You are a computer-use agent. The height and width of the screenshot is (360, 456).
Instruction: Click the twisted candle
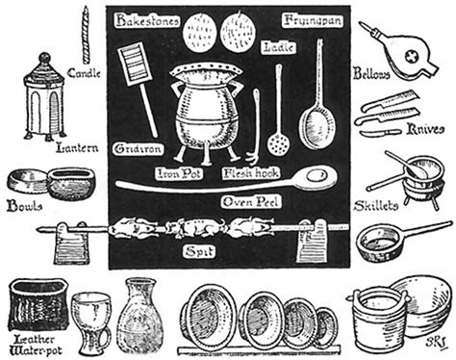[86, 35]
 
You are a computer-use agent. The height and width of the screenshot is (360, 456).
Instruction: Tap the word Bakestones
[147, 21]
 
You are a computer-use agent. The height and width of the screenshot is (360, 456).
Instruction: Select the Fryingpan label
[313, 20]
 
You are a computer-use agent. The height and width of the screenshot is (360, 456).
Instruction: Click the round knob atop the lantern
[45, 58]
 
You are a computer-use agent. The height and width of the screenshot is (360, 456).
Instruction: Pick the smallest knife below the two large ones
[380, 132]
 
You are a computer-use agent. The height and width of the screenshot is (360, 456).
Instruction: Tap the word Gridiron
[139, 149]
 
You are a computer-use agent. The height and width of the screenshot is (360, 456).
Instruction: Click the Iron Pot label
[179, 173]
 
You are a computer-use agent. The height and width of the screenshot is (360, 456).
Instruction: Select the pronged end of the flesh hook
[254, 158]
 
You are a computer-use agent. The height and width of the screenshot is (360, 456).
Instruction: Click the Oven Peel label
[250, 202]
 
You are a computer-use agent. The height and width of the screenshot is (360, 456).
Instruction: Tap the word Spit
[199, 251]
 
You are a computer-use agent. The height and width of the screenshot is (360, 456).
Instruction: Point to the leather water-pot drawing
[38, 305]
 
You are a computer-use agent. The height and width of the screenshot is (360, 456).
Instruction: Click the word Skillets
[376, 206]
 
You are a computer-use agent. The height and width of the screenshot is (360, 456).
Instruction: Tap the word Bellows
[371, 73]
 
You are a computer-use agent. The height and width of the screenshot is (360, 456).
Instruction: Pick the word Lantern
[77, 148]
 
